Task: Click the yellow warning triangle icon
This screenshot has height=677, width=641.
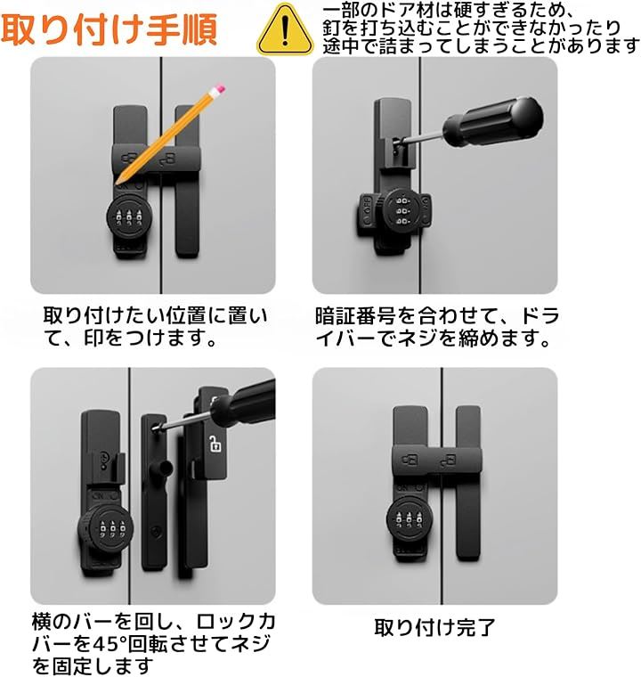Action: coord(285,30)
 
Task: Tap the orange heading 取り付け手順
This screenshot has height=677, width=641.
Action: coord(109,29)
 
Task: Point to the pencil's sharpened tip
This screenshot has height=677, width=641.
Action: coord(117,183)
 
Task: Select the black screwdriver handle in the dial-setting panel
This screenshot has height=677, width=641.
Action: coord(492,123)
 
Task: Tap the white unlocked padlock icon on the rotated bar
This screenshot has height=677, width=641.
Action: coord(215,444)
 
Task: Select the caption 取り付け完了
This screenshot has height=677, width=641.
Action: coord(434,627)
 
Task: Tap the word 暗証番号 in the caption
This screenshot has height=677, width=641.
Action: coord(355,316)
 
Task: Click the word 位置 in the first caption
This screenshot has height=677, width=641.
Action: coord(185,316)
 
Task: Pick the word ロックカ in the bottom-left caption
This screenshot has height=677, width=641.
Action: coord(236,622)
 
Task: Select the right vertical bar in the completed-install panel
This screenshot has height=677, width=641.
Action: coord(468,484)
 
